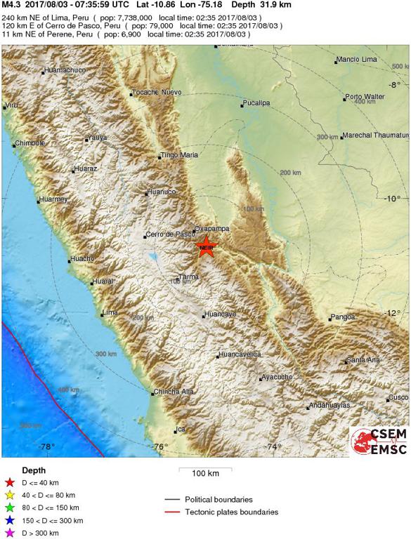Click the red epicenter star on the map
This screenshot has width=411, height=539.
click(x=206, y=246)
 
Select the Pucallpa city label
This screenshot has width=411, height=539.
click(x=256, y=103)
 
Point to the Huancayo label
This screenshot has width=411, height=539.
click(x=219, y=314)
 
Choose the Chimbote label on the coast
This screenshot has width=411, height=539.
click(x=30, y=143)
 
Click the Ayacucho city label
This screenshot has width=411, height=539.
click(x=277, y=378)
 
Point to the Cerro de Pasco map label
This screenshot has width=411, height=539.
click(x=169, y=234)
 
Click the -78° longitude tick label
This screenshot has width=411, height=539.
click(x=47, y=446)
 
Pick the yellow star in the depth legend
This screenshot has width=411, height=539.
click(x=10, y=495)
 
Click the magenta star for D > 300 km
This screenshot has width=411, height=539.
click(x=10, y=533)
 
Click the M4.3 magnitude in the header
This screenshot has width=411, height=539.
click(x=12, y=4)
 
